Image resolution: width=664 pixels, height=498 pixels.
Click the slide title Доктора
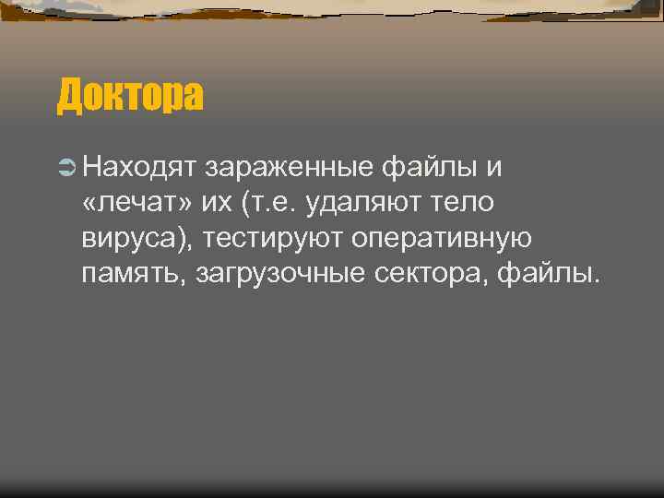[130, 96]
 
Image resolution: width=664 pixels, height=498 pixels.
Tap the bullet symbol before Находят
[65, 167]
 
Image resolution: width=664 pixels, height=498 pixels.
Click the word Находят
[139, 167]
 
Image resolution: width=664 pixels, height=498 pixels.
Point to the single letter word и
[493, 167]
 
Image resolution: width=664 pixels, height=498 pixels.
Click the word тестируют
[275, 239]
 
